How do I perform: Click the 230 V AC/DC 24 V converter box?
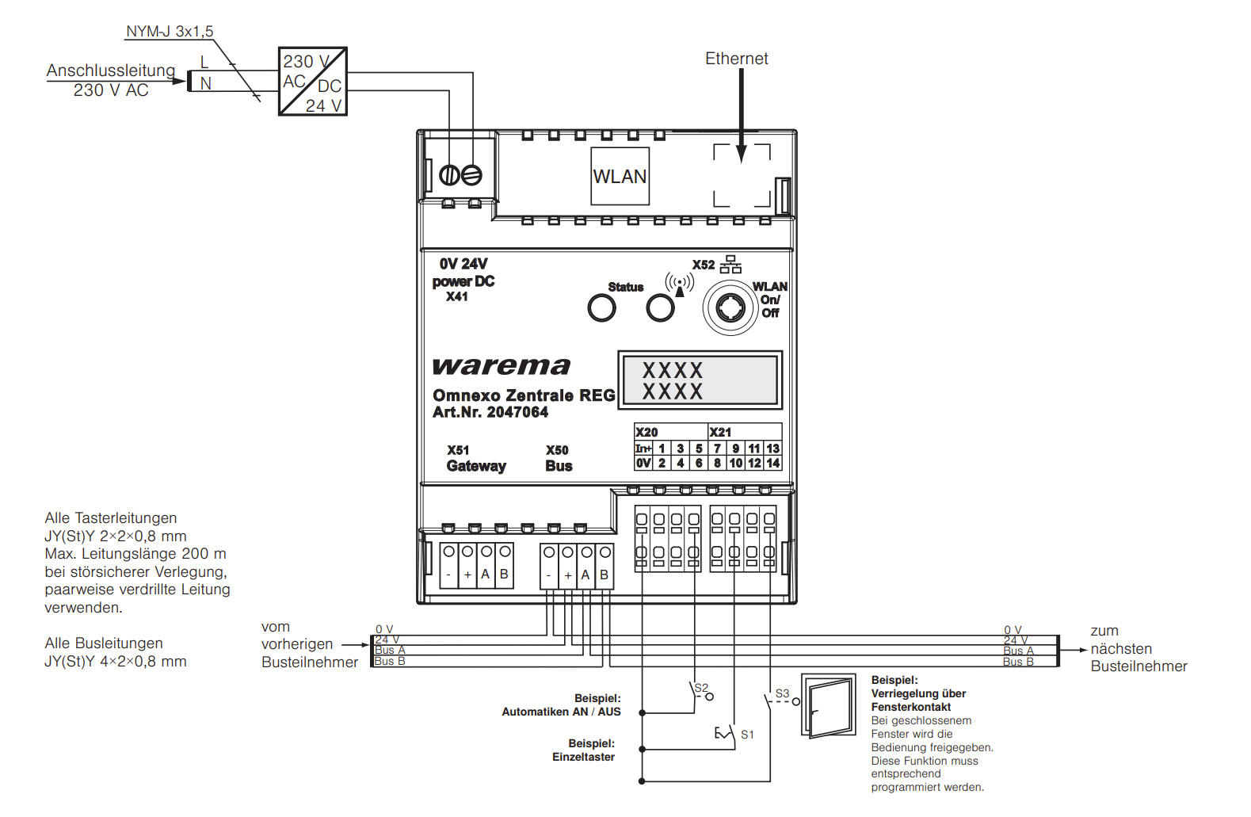click(313, 82)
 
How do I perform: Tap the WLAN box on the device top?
click(620, 176)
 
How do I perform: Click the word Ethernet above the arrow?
click(737, 59)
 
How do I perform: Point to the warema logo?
click(502, 366)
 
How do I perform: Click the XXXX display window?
click(700, 380)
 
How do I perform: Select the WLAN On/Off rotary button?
click(730, 307)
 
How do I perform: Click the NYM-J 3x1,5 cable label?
click(170, 32)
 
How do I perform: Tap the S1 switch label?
click(748, 735)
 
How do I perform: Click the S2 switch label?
click(701, 688)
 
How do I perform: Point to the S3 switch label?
click(783, 693)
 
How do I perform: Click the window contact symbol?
click(829, 706)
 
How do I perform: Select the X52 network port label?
click(704, 265)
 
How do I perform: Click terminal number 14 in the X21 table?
click(773, 463)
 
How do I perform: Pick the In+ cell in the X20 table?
click(643, 449)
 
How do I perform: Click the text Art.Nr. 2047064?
click(490, 412)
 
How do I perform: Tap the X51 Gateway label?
click(476, 458)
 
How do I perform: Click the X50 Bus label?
click(559, 458)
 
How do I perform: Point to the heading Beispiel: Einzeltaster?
click(584, 750)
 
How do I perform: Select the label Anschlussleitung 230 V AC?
click(111, 80)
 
